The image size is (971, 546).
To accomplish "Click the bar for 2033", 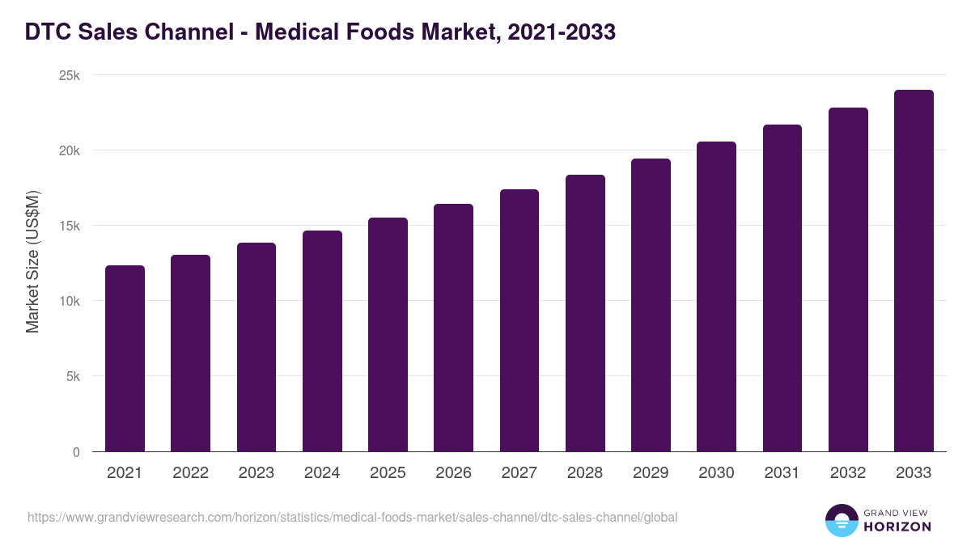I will (x=914, y=271).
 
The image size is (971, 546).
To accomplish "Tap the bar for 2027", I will (x=519, y=320).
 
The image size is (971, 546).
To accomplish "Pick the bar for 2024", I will (x=322, y=341).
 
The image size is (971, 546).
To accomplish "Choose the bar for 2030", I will (x=716, y=297).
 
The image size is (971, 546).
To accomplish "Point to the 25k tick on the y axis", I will (x=70, y=75).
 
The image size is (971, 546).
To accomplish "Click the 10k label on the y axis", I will (x=70, y=301).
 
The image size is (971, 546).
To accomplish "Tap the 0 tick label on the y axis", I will (x=76, y=452).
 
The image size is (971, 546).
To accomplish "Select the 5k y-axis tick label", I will (x=73, y=377).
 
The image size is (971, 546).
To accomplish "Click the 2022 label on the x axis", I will (x=190, y=473).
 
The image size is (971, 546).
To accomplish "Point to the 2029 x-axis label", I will (x=651, y=473).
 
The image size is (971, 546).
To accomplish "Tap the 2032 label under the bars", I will (x=848, y=473).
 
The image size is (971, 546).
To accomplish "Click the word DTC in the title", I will (x=47, y=32).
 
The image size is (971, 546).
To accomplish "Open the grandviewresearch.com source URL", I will (x=352, y=517).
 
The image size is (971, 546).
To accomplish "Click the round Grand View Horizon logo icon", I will (x=841, y=520).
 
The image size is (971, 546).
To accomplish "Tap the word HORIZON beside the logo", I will (x=897, y=527).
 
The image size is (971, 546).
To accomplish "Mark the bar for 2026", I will (x=453, y=328).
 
